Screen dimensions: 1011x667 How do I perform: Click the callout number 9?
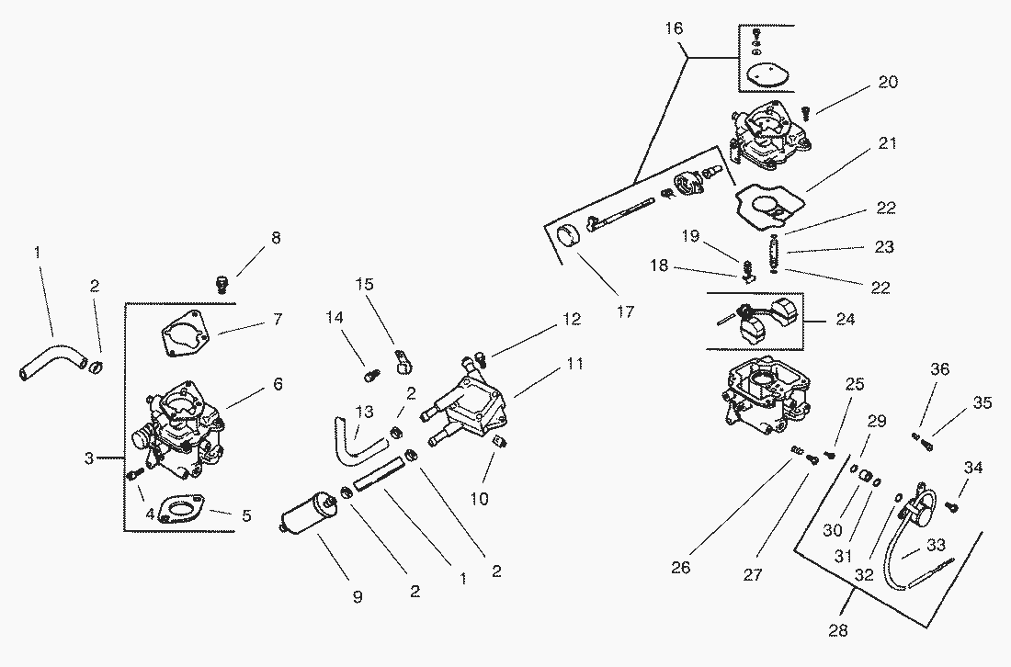[x=358, y=597]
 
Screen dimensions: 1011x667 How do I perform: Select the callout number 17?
[x=625, y=311]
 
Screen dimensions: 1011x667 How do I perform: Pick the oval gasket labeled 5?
[x=180, y=509]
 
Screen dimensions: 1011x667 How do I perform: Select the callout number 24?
[x=846, y=321]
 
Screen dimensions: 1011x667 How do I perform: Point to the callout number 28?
[x=837, y=630]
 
